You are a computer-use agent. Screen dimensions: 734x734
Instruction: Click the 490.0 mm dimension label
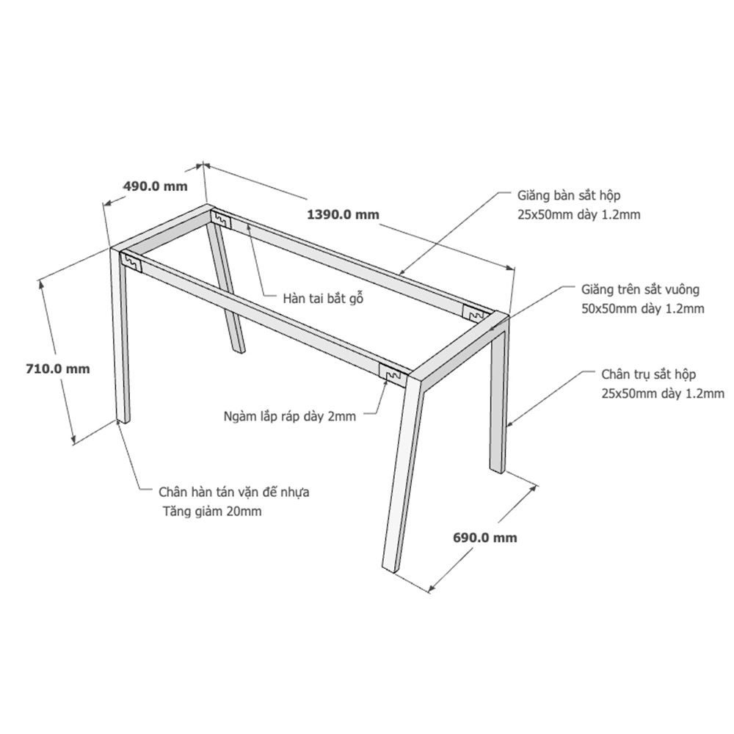[x=155, y=186]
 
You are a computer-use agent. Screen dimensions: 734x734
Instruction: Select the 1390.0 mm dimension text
[x=343, y=215]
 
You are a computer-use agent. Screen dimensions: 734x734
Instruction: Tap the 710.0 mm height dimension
[x=57, y=369]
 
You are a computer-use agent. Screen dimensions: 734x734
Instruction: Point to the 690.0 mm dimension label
[x=485, y=537]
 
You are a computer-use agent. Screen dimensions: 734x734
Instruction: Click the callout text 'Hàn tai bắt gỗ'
[x=323, y=298]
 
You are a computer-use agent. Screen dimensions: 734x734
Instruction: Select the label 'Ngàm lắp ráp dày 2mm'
[x=290, y=416]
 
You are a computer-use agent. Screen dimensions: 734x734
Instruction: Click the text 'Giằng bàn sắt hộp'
[x=569, y=195]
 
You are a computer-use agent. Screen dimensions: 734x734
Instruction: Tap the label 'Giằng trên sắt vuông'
[x=640, y=289]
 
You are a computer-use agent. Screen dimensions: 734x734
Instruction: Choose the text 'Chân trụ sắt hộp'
[x=648, y=374]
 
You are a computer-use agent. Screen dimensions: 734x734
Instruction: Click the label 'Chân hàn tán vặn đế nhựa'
[x=233, y=492]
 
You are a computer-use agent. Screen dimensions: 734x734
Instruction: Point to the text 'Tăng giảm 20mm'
[x=212, y=511]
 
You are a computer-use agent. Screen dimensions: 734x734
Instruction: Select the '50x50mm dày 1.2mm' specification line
[x=643, y=309]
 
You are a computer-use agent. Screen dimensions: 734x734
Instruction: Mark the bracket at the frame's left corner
[x=131, y=262]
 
